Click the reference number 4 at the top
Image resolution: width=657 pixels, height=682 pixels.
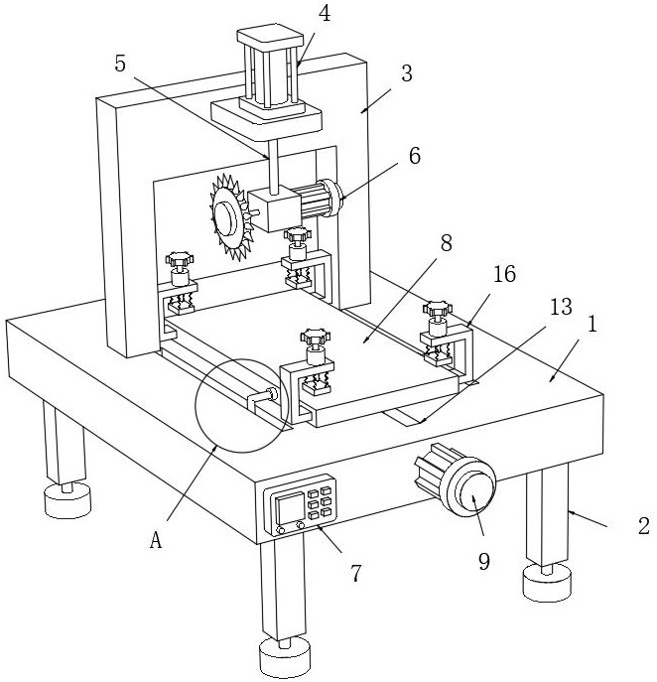[x=324, y=14]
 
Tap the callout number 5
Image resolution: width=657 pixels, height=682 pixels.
[x=120, y=65]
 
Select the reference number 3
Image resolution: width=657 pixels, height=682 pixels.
[x=407, y=73]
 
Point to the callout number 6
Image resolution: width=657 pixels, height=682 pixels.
[x=415, y=156]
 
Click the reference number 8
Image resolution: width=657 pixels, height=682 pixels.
[x=447, y=243]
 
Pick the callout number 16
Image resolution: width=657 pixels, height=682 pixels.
[x=505, y=274]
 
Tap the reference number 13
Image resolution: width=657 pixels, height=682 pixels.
[x=561, y=307]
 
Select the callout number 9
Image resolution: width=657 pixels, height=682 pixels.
[x=484, y=562]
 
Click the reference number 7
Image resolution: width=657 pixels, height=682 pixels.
[x=356, y=573]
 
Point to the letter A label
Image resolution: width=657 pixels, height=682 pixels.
[x=156, y=541]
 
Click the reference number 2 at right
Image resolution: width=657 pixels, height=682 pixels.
[x=643, y=526]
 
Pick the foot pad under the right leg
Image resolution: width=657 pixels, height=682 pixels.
[x=547, y=583]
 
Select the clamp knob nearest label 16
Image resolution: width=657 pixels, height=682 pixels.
[x=438, y=309]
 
